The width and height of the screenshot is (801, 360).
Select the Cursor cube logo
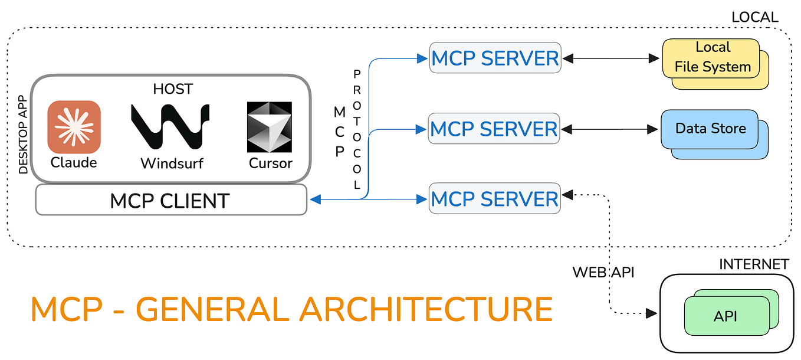click(x=270, y=127)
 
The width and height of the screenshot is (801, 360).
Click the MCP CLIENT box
click(x=171, y=200)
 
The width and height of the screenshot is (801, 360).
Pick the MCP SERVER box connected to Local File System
click(x=495, y=58)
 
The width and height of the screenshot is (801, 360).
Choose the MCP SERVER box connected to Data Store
click(x=494, y=129)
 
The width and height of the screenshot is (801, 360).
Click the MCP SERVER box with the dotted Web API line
click(x=494, y=198)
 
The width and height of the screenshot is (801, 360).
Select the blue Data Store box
click(x=710, y=129)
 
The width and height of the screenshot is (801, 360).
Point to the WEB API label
click(x=603, y=273)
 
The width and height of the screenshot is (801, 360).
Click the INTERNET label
click(x=753, y=264)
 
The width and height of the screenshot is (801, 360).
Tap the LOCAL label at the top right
click(x=754, y=17)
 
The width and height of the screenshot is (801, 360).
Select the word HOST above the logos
click(x=172, y=89)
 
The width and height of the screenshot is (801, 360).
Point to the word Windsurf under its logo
click(x=171, y=163)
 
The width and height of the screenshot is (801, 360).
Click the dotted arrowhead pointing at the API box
click(x=651, y=313)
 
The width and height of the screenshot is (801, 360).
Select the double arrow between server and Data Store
click(x=610, y=129)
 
